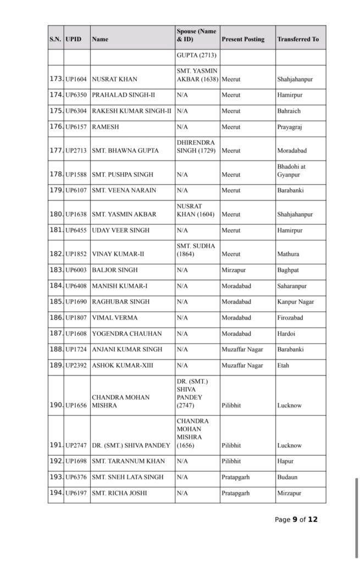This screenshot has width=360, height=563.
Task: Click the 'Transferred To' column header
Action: point(298,40)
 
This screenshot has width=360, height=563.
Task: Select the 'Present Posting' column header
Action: point(243,40)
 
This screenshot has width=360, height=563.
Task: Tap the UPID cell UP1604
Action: point(76,79)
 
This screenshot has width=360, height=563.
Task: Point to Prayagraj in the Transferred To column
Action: point(290,127)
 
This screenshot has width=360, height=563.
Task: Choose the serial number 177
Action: point(56,151)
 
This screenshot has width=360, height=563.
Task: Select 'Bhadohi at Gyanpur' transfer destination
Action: point(291,170)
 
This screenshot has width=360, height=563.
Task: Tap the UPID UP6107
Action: point(76,191)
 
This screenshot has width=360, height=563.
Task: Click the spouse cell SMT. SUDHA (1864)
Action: point(196,250)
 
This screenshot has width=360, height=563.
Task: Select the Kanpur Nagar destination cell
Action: point(296,302)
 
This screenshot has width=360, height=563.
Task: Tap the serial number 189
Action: point(56,365)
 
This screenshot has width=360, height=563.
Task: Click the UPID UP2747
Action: point(76,446)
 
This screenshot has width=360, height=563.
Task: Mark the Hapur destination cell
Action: point(286,462)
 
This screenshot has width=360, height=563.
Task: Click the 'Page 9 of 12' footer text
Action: point(296,520)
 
